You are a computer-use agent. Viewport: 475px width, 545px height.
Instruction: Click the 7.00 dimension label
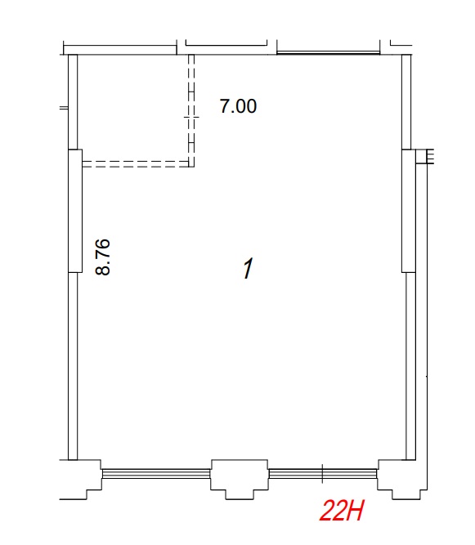tap(238, 106)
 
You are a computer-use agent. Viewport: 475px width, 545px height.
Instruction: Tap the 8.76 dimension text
tap(103, 257)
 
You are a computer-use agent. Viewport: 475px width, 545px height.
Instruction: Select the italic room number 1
tap(248, 268)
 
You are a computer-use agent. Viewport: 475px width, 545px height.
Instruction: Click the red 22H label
tap(342, 511)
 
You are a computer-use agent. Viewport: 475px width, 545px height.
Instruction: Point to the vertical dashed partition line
tap(191, 110)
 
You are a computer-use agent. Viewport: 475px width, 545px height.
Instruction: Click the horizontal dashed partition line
tap(136, 164)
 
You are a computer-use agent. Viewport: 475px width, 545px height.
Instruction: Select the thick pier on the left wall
tap(75, 211)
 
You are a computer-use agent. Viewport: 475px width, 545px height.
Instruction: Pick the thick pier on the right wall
tap(409, 211)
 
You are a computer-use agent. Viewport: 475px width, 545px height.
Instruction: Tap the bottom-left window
tap(156, 473)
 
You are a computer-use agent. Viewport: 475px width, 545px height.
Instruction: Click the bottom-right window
tap(323, 473)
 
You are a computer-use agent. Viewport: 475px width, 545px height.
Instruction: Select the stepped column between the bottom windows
tap(240, 480)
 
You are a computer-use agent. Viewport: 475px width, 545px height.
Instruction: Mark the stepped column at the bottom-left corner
tap(81, 480)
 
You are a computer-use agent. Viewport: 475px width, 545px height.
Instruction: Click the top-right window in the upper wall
tap(329, 53)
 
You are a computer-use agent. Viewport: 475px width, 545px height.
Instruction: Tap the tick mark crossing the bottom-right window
tap(323, 473)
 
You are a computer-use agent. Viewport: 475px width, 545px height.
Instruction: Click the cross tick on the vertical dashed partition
tap(191, 118)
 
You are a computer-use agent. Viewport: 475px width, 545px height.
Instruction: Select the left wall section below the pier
tap(73, 366)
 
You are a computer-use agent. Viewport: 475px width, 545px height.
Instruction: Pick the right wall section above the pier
tap(406, 102)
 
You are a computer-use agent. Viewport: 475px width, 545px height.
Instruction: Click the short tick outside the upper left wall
tap(64, 108)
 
